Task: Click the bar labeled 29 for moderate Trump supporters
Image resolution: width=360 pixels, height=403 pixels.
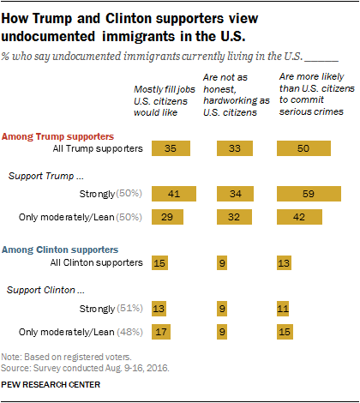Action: pyautogui.click(x=167, y=217)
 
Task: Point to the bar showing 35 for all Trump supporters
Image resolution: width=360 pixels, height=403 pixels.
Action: pyautogui.click(x=170, y=147)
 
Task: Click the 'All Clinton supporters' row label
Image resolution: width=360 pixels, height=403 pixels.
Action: pyautogui.click(x=96, y=262)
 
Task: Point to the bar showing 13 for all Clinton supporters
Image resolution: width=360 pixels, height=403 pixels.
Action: pyautogui.click(x=284, y=262)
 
